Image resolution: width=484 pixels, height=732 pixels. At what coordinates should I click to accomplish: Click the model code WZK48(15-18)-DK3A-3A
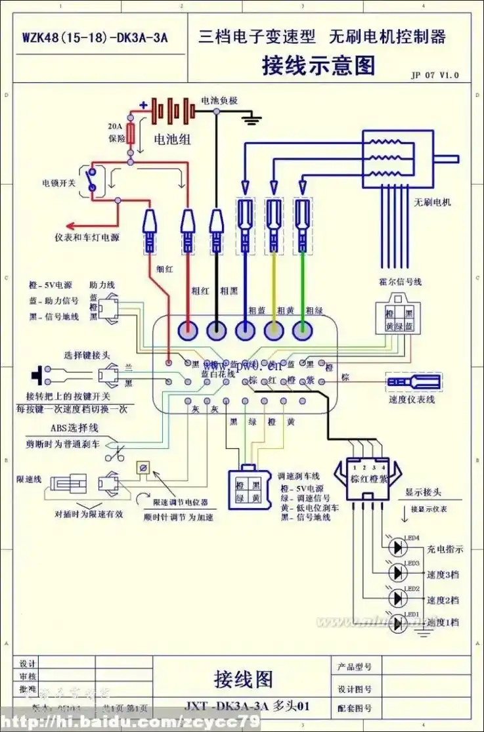point(95,37)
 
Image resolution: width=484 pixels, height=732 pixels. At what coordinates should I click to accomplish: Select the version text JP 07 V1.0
point(435,75)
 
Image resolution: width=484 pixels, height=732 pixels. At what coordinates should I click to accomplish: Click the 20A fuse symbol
point(131,135)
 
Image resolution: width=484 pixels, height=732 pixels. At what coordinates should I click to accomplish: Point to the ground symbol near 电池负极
point(251,119)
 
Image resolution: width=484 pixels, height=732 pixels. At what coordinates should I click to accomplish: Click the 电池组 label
point(173,139)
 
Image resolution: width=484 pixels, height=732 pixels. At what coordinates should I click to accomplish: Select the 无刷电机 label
point(432,202)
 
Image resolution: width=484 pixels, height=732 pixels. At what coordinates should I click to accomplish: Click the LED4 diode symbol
point(398,546)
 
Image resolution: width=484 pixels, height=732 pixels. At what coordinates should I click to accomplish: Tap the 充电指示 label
point(445,549)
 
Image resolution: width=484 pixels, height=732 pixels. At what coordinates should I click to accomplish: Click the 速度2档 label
point(443,599)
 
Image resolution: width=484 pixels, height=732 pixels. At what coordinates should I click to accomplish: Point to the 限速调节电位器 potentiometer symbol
point(141,468)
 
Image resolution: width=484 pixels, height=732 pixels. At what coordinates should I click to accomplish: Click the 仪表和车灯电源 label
point(87,237)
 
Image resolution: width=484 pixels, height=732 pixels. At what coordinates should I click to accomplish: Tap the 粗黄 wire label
point(286,310)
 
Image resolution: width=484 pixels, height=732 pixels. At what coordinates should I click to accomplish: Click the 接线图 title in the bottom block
point(243,678)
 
